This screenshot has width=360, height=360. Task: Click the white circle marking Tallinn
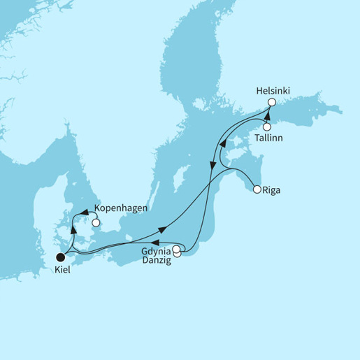pos(267,127)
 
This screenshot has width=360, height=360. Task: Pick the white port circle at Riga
pos(257,189)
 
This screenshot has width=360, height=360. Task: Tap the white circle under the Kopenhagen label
pos(96,224)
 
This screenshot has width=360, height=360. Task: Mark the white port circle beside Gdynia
pos(177,249)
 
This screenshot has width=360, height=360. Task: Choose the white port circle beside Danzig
pos(177,254)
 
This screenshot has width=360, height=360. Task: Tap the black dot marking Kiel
pos(62,255)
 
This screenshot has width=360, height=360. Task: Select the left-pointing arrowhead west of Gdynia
pos(166,243)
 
